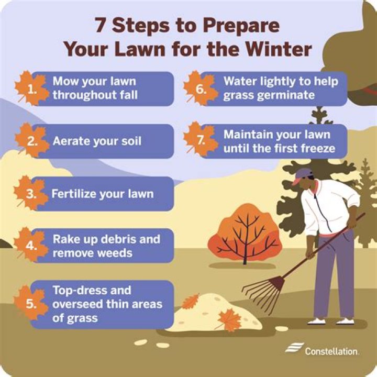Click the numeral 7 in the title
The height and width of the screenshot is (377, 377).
pos(101,25)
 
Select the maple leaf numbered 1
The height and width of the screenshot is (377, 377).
pos(31,88)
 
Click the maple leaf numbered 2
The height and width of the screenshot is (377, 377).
pos(31,141)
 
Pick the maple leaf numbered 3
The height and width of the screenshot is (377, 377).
pos(31,193)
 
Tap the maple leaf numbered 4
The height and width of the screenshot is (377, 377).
pos(31,245)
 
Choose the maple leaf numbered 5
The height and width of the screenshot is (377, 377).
pos(30,303)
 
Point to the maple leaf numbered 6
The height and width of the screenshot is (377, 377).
pos(200,88)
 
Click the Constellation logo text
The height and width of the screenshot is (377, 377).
pos(331,351)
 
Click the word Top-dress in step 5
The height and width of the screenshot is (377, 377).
pos(92,291)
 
